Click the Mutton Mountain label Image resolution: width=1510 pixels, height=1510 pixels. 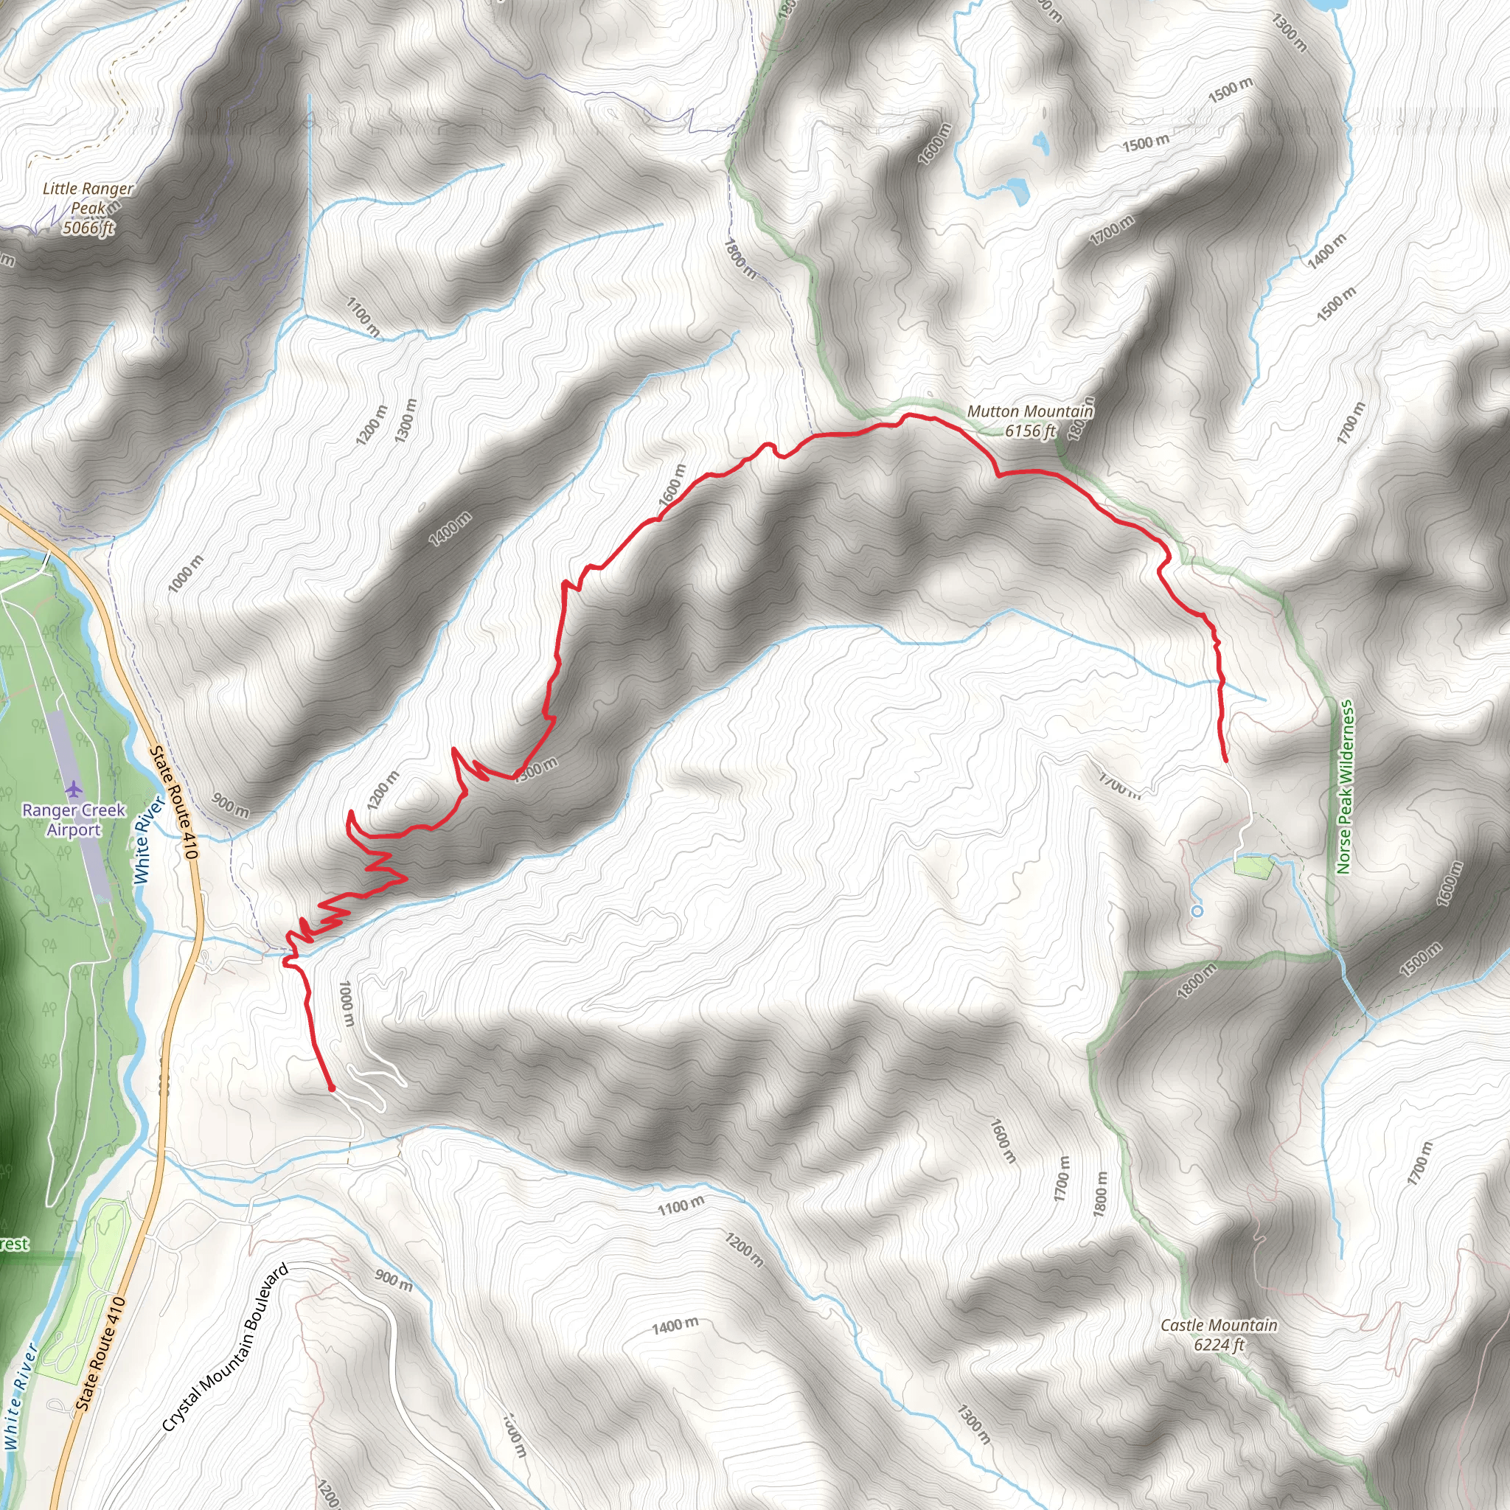[1029, 411]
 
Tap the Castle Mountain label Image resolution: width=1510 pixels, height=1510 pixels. [1219, 1326]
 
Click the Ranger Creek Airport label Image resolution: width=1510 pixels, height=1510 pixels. [74, 820]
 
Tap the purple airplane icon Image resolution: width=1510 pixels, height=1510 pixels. [74, 786]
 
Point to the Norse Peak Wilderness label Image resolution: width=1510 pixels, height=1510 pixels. [1344, 786]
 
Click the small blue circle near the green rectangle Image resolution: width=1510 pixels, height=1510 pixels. [1197, 911]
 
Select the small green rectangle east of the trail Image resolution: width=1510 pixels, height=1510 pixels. [1252, 867]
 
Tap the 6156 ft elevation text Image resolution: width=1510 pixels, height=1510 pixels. [1029, 431]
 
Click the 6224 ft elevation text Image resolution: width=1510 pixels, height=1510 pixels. [1219, 1345]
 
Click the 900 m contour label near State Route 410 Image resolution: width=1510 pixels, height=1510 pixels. [231, 806]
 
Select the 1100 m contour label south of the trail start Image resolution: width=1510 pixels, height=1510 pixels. [680, 1207]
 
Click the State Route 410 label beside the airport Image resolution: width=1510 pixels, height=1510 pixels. [171, 803]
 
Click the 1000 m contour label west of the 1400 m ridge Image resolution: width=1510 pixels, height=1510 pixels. [185, 574]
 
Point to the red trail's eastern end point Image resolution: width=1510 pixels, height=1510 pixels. [1225, 760]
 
